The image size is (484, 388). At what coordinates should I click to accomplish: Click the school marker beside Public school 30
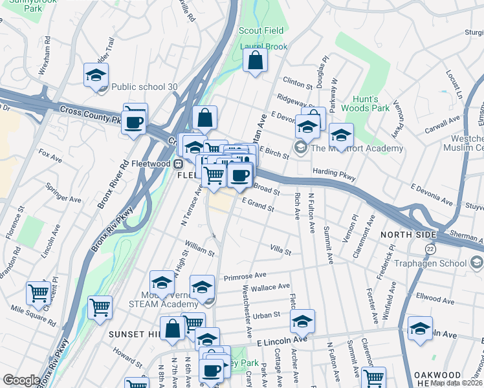coord(96,74)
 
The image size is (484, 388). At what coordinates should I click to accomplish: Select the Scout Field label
coord(261,30)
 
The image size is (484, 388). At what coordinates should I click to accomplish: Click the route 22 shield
coord(430,248)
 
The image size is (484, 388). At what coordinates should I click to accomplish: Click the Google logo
coord(21,380)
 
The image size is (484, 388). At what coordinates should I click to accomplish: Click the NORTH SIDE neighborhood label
coord(405,234)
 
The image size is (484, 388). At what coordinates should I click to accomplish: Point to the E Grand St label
coord(259,205)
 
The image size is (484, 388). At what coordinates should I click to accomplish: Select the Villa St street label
coord(281,250)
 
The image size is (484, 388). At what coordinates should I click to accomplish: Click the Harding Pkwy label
coord(334,173)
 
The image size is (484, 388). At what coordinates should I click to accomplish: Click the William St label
coord(199,247)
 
